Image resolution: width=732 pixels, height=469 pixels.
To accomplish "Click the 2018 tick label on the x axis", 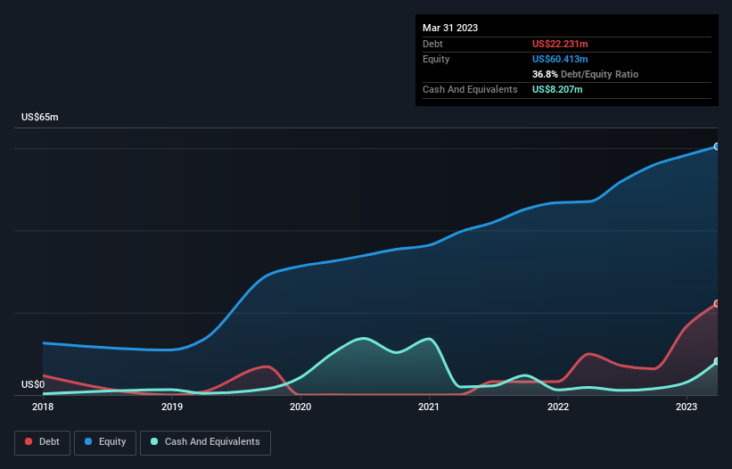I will [43, 407].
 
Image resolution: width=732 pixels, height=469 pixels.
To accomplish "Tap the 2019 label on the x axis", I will [172, 407].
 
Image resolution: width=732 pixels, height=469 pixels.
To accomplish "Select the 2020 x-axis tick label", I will [300, 407].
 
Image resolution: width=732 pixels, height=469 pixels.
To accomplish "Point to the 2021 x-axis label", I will [429, 407].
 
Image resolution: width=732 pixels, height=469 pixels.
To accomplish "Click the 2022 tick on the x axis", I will [558, 407].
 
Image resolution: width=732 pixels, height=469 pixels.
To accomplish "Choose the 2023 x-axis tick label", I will [687, 407].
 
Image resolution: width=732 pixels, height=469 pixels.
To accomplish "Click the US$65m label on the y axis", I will [39, 118].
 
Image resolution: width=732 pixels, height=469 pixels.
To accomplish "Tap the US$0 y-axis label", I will [33, 385].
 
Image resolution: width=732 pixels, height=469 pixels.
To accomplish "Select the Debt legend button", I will [42, 442].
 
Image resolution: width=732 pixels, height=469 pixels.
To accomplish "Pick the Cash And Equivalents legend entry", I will [205, 442].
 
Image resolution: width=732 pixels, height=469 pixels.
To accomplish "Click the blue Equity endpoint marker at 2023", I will [717, 146].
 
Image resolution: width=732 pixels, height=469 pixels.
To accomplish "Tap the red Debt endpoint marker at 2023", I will [717, 304].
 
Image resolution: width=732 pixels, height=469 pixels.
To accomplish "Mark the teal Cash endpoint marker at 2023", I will [717, 362].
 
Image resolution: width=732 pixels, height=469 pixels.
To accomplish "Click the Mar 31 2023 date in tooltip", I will [450, 28].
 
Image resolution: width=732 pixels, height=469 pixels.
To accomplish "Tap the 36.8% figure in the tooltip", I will [545, 74].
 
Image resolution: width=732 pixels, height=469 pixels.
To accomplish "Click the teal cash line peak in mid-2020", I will [363, 338].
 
